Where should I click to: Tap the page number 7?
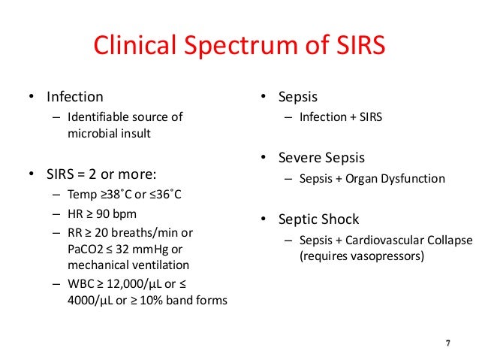coord(448,344)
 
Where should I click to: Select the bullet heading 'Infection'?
coord(75,97)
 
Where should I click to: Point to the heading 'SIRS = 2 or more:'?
coord(101,175)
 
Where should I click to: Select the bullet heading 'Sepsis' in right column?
coord(297,97)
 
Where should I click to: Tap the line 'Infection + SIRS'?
coord(341,117)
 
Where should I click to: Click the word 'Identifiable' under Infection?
coord(97,117)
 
